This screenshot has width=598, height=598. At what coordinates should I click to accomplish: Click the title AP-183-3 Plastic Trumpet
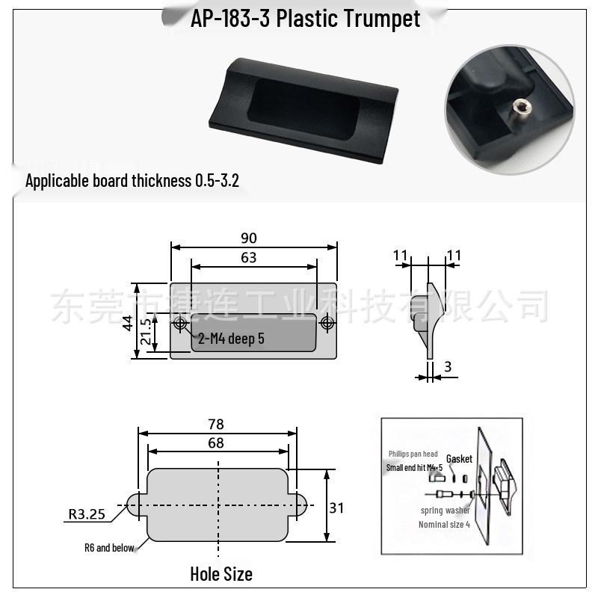click(x=305, y=18)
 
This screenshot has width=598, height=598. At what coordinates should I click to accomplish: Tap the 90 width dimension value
click(x=249, y=238)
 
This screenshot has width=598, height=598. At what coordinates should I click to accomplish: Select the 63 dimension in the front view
click(x=249, y=258)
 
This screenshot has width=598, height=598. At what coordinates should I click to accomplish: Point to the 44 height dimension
click(x=128, y=323)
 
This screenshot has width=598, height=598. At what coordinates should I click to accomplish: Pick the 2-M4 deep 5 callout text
click(x=231, y=339)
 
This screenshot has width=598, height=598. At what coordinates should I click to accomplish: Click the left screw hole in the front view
click(x=180, y=323)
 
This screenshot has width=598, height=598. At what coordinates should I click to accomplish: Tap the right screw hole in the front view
click(x=327, y=323)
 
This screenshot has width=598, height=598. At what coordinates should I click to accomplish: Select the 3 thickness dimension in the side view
click(x=447, y=366)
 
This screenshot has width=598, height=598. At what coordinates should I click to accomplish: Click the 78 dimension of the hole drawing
click(x=217, y=425)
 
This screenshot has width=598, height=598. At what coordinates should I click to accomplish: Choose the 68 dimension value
click(x=217, y=443)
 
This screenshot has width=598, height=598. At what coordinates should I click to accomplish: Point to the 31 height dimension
click(x=337, y=508)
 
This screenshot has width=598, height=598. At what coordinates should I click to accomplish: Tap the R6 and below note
click(x=109, y=548)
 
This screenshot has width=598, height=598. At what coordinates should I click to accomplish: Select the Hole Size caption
click(x=221, y=574)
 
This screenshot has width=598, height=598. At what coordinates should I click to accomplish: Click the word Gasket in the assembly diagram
click(x=459, y=459)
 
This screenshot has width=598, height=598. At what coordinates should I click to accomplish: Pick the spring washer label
click(x=445, y=511)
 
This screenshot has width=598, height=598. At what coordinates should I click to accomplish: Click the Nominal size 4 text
click(x=444, y=524)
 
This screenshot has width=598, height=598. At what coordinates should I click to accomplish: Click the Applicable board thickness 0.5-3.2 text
click(x=132, y=181)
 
